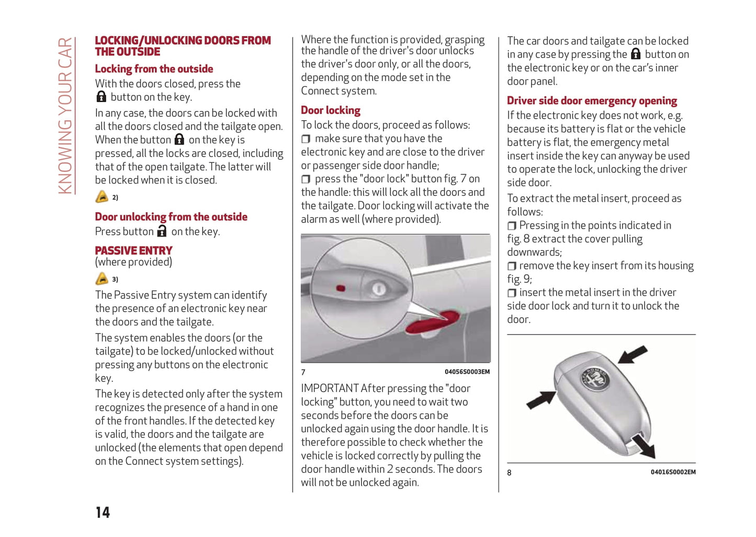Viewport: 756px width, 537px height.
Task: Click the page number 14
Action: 103,512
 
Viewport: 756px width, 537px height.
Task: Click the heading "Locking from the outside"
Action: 154,69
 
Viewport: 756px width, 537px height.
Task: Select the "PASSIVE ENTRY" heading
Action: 133,251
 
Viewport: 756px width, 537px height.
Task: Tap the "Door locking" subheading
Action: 331,110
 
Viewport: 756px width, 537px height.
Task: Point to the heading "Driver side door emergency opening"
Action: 592,101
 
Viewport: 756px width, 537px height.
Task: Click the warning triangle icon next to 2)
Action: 101,197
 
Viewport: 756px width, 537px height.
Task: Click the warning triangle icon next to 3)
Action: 101,278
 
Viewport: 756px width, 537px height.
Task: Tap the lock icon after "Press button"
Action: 162,231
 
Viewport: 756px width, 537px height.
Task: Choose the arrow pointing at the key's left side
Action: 541,400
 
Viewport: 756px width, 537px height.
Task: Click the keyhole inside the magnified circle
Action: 379,288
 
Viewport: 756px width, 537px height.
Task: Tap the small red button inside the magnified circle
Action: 341,288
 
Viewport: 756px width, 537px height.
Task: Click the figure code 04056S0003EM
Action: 467,372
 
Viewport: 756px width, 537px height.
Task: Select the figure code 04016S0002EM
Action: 673,472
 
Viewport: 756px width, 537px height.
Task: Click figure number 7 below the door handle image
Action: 303,372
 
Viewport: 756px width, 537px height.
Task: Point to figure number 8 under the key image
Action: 509,473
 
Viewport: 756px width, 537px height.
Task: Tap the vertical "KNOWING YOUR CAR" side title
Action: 65,116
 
